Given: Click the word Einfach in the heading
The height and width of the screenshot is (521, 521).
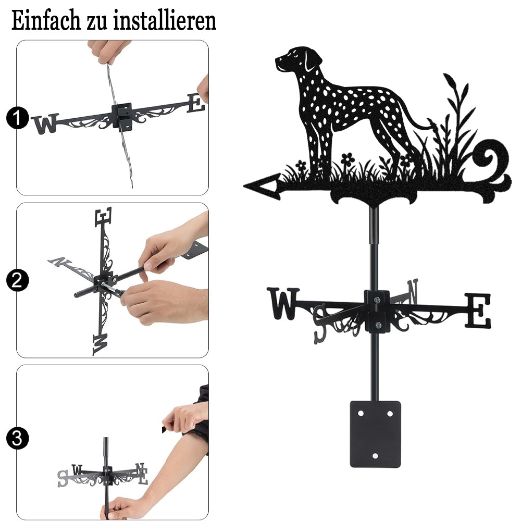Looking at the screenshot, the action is (x=46, y=21).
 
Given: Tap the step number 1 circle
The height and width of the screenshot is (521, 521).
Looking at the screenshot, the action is (x=17, y=118).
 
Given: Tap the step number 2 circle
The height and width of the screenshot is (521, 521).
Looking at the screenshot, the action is (x=17, y=280).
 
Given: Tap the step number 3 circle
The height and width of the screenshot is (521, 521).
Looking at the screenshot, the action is (x=17, y=438).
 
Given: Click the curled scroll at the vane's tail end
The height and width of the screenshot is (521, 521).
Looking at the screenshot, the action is (x=493, y=169).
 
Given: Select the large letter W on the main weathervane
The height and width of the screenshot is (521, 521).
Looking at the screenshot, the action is (x=283, y=303).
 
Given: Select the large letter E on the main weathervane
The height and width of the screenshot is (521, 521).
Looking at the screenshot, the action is (x=477, y=311).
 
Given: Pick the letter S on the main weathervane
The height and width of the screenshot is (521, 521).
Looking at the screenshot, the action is (x=320, y=324).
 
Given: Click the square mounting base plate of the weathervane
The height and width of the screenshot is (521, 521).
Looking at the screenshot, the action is (x=375, y=434).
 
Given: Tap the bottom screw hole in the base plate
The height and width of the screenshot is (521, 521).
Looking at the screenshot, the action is (x=375, y=456).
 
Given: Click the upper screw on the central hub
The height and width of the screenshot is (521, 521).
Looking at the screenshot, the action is (x=377, y=301).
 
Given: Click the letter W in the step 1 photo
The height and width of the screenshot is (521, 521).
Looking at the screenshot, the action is (x=45, y=123).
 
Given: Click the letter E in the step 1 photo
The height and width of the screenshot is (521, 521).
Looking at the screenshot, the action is (x=196, y=103).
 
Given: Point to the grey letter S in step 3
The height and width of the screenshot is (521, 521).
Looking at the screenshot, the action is (x=63, y=478).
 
